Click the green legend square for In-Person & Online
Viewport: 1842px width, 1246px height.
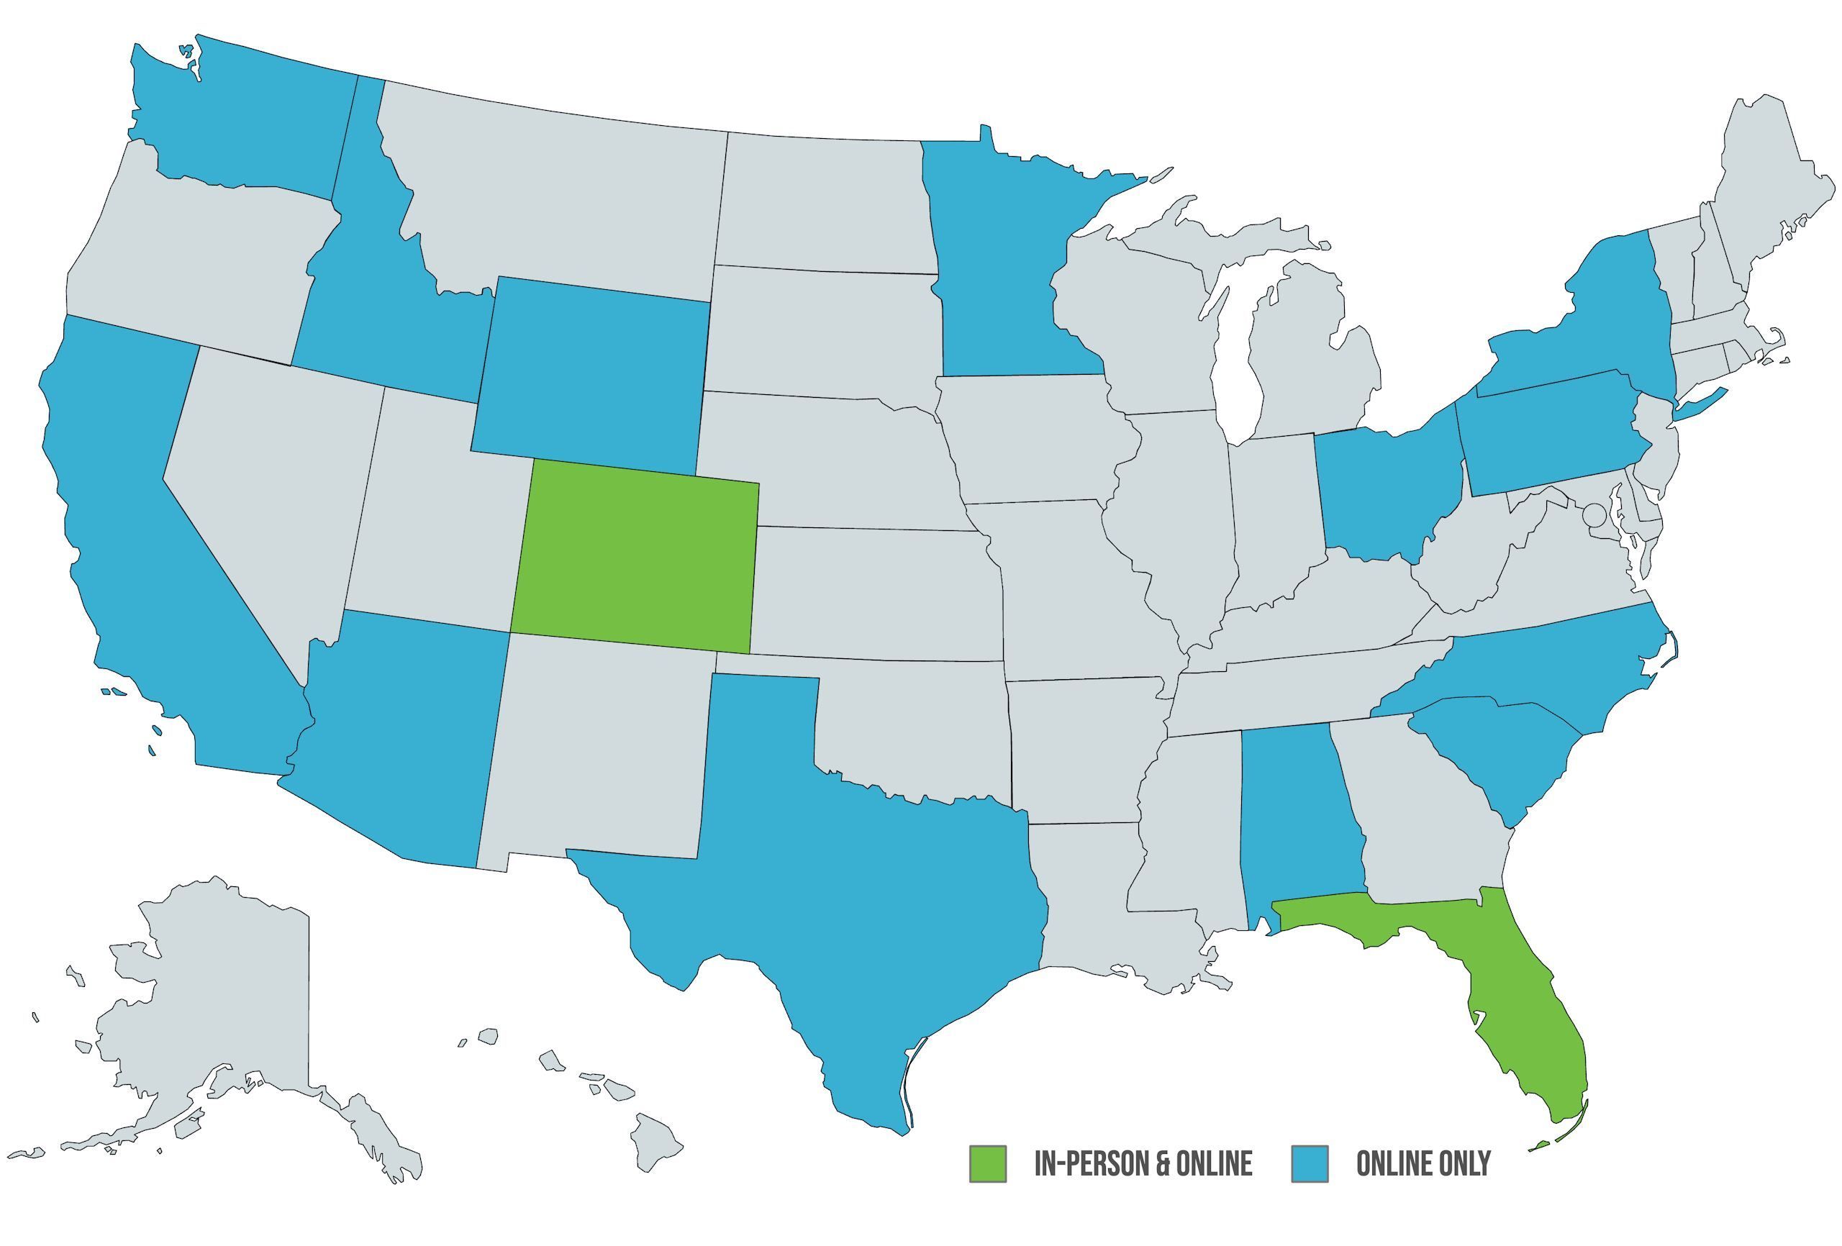coord(988,1163)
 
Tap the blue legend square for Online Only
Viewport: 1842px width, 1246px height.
coord(1310,1163)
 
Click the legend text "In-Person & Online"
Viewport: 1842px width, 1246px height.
coord(1143,1163)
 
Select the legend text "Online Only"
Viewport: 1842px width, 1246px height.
coord(1423,1163)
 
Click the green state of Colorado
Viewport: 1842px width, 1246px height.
coord(634,555)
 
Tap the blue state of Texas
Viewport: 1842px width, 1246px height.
coord(856,888)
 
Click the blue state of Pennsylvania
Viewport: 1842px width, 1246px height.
coord(1546,436)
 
